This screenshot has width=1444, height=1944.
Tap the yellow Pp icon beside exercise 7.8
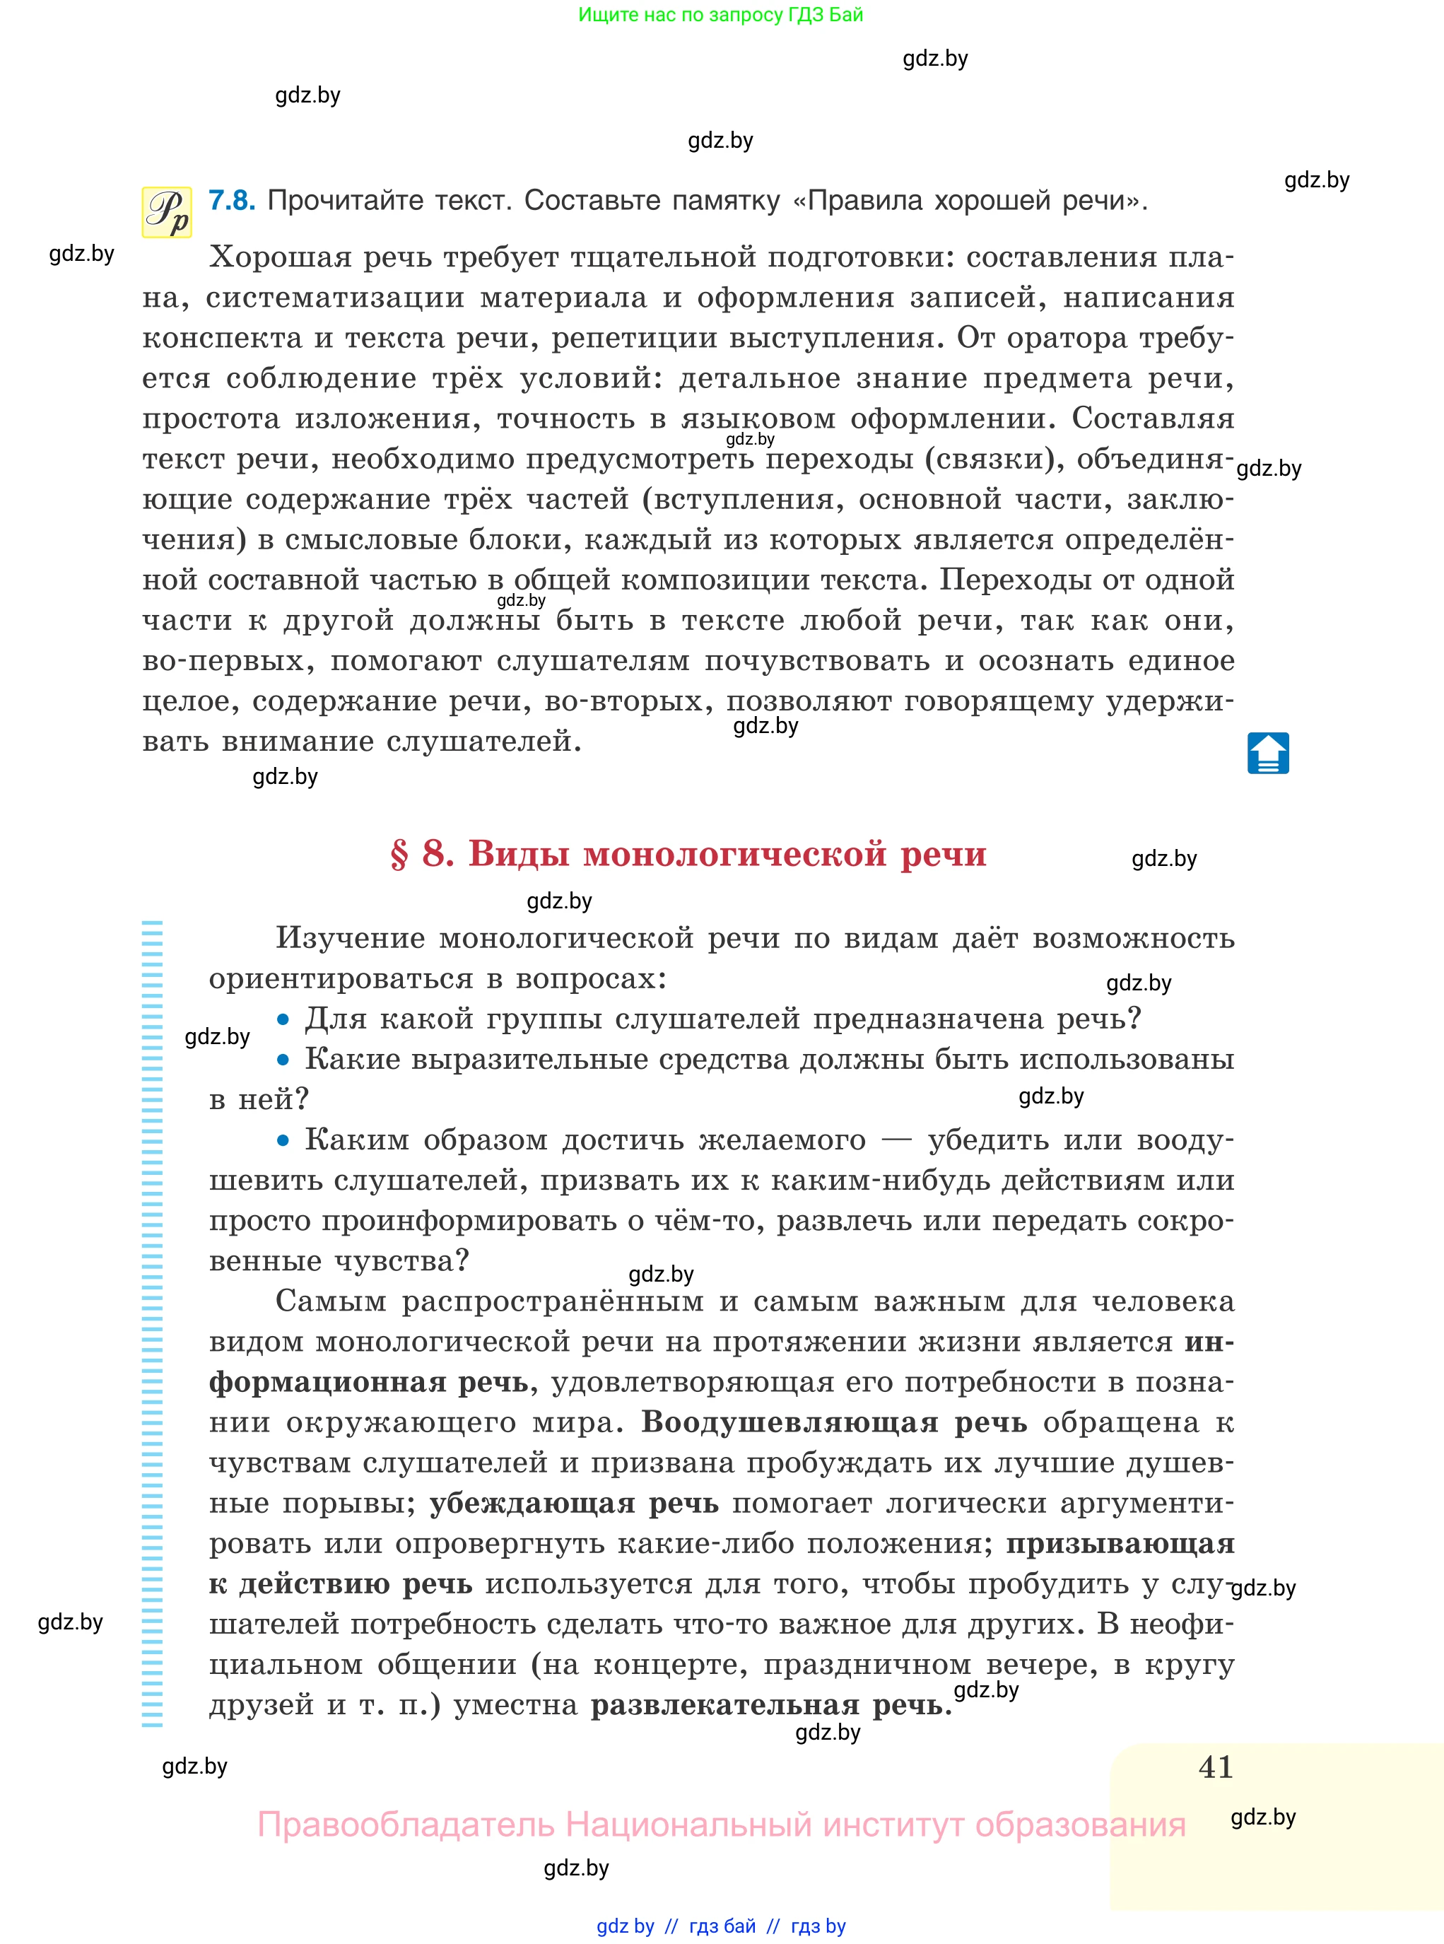[x=167, y=212]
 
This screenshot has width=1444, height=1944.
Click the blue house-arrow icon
[x=1267, y=754]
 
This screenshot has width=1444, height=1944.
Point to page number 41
[x=1216, y=1767]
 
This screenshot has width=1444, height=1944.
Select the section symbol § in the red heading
[x=399, y=854]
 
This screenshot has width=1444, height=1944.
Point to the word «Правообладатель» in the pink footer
[x=406, y=1825]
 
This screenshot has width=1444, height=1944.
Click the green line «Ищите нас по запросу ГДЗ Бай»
[x=720, y=15]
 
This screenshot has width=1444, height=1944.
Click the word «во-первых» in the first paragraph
[x=228, y=661]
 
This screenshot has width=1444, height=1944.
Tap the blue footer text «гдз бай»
[x=722, y=1926]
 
